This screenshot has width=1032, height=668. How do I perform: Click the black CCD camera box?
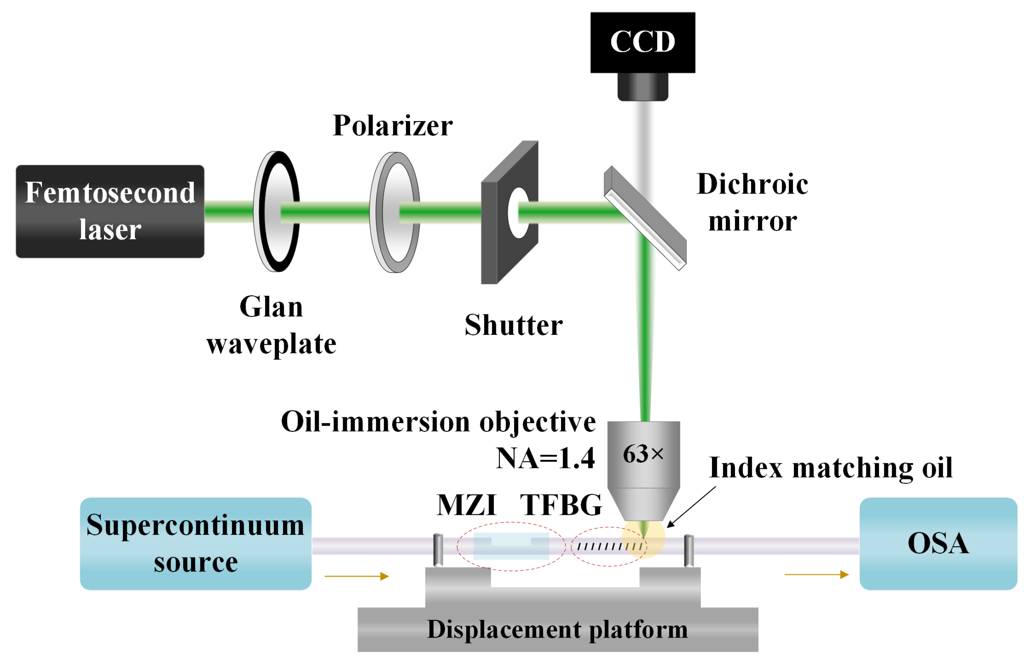(x=642, y=42)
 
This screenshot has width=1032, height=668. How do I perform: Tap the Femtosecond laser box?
(x=110, y=211)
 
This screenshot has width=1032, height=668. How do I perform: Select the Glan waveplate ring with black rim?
(x=277, y=211)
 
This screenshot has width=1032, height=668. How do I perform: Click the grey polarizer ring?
(x=394, y=212)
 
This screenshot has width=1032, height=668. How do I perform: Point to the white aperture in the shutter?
(x=518, y=213)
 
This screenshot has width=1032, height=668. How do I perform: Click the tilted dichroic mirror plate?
(x=645, y=218)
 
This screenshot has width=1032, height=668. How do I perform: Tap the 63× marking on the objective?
(x=642, y=454)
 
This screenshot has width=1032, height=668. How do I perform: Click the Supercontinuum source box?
(x=195, y=543)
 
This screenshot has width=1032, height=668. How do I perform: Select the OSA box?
(x=938, y=543)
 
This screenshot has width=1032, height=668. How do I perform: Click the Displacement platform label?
(x=557, y=629)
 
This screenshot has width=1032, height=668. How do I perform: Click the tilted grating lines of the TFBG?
(x=609, y=547)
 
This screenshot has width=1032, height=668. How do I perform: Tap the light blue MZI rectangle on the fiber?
(x=511, y=546)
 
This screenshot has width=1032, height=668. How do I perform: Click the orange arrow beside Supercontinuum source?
(x=357, y=576)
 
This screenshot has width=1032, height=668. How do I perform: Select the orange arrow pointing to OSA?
(x=816, y=574)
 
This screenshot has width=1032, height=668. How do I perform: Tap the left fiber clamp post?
(x=438, y=550)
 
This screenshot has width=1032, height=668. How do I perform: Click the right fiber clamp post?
(x=689, y=551)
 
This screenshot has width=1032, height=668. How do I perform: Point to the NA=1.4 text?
(x=545, y=458)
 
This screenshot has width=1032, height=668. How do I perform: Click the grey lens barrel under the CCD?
(x=642, y=87)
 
